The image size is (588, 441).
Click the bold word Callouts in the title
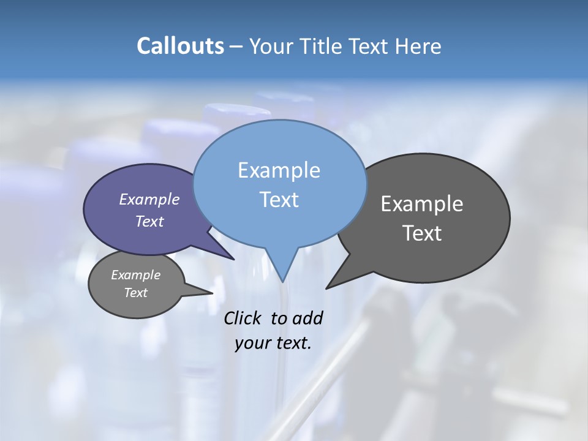pyautogui.click(x=180, y=46)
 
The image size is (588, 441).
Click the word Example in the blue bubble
pyautogui.click(x=279, y=170)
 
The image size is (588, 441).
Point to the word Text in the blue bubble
pyautogui.click(x=279, y=200)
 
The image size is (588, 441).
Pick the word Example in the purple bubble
pyautogui.click(x=149, y=199)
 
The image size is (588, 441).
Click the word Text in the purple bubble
pyautogui.click(x=149, y=221)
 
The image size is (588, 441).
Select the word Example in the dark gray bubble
pyautogui.click(x=422, y=204)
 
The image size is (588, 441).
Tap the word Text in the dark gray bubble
pyautogui.click(x=422, y=233)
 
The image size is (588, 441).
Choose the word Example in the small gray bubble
pyautogui.click(x=136, y=275)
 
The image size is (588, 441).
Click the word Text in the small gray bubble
pyautogui.click(x=136, y=293)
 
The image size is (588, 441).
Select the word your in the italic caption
pyautogui.click(x=252, y=342)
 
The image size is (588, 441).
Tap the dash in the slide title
pyautogui.click(x=236, y=46)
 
